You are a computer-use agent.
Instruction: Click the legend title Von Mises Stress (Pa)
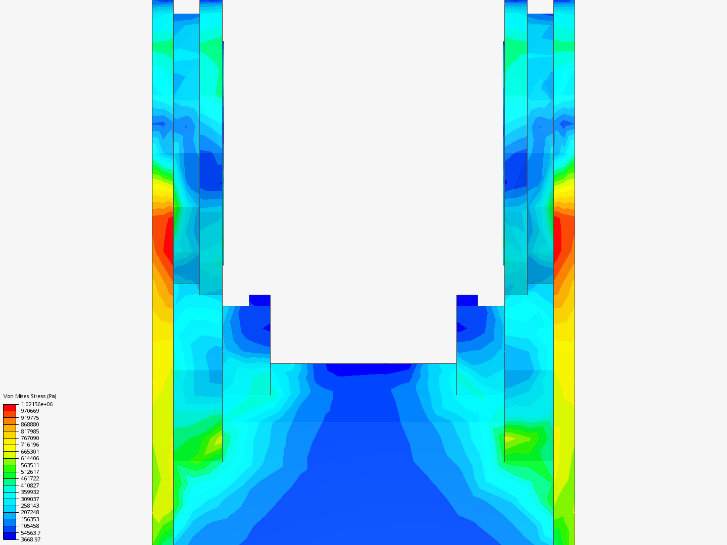30,396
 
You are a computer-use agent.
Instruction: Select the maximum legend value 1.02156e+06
37,404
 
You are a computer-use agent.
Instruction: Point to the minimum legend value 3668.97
30,539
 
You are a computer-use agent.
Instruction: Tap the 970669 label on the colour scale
30,411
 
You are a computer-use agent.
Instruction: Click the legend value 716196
30,445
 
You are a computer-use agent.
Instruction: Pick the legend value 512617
30,472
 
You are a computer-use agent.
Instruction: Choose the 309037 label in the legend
30,499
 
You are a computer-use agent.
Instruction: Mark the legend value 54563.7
30,533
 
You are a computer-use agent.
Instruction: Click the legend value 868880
30,424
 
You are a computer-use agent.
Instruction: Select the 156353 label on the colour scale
30,519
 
